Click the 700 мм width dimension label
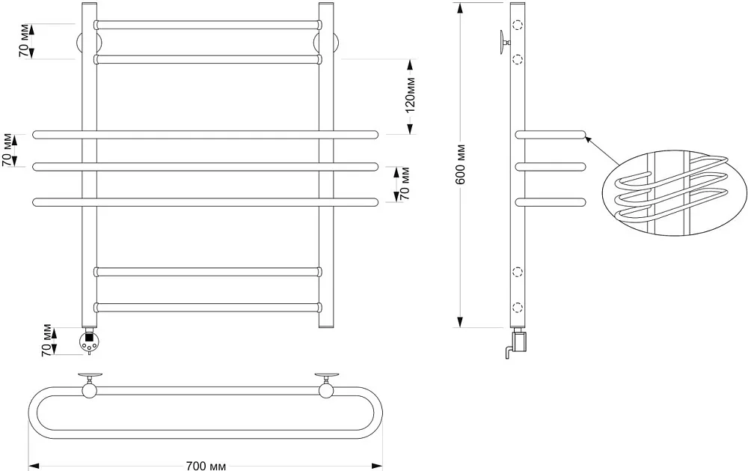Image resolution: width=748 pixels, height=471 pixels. (206, 466)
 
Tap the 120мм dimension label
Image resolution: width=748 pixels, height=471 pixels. (410, 95)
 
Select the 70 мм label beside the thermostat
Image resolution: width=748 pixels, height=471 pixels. (46, 341)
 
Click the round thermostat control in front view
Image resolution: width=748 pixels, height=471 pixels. (89, 341)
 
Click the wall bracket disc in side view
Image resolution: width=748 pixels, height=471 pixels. (502, 42)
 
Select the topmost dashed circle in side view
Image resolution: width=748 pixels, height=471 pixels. (517, 25)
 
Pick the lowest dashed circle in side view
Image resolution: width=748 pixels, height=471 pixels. (517, 307)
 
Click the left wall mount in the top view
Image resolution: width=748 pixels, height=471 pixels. (89, 385)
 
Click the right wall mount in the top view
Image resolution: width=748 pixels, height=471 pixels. (326, 385)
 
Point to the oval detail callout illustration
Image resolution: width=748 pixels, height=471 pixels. (674, 193)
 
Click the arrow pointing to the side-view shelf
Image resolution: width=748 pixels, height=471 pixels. (602, 151)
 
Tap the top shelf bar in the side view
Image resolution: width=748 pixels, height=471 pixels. (551, 134)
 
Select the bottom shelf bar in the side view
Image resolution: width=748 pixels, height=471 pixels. (551, 201)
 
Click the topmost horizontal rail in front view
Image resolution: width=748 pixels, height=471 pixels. (207, 25)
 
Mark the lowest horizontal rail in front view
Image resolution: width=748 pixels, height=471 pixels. (207, 307)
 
